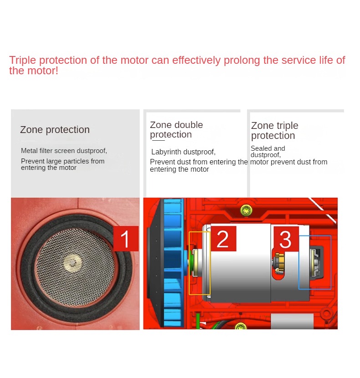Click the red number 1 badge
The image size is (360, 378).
click(126, 239)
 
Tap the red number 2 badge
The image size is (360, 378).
click(223, 239)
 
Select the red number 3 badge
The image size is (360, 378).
click(286, 239)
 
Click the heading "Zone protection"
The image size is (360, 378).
click(55, 130)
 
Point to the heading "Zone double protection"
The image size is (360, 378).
click(176, 130)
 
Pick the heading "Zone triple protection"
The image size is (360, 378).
click(275, 130)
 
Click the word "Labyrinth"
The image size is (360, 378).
click(166, 152)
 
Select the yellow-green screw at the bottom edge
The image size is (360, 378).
click(241, 327)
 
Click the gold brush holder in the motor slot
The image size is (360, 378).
click(279, 261)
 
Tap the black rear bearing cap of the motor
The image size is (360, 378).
click(319, 262)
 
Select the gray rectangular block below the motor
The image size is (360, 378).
click(292, 321)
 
